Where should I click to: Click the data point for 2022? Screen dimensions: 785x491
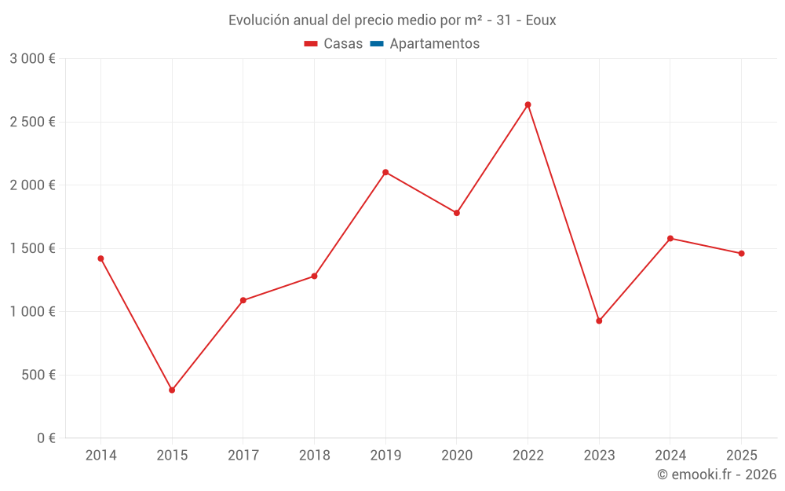[528, 104]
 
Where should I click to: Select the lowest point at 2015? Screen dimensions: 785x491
[172, 390]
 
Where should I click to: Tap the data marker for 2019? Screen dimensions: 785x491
[385, 172]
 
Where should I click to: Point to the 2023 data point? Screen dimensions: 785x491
[599, 321]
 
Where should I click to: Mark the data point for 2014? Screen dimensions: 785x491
[100, 258]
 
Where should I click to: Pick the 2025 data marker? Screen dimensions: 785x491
[742, 254]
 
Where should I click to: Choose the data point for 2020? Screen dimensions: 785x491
[457, 213]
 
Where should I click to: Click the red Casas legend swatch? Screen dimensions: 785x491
[311, 44]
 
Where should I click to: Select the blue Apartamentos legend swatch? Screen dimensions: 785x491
[377, 44]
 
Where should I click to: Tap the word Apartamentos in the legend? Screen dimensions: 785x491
[435, 43]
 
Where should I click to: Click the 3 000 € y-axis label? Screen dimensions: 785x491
[32, 59]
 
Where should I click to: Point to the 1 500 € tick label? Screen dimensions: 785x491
[32, 248]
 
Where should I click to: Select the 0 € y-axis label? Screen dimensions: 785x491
[46, 438]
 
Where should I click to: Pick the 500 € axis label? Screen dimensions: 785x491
[38, 375]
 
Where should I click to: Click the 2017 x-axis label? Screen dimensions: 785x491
[243, 455]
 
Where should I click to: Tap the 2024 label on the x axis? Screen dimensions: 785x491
[670, 455]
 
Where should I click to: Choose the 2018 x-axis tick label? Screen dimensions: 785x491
[315, 455]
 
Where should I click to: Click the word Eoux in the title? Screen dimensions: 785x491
[541, 20]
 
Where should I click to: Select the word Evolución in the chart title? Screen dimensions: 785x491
[258, 20]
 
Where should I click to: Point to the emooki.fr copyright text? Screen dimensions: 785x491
[717, 474]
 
